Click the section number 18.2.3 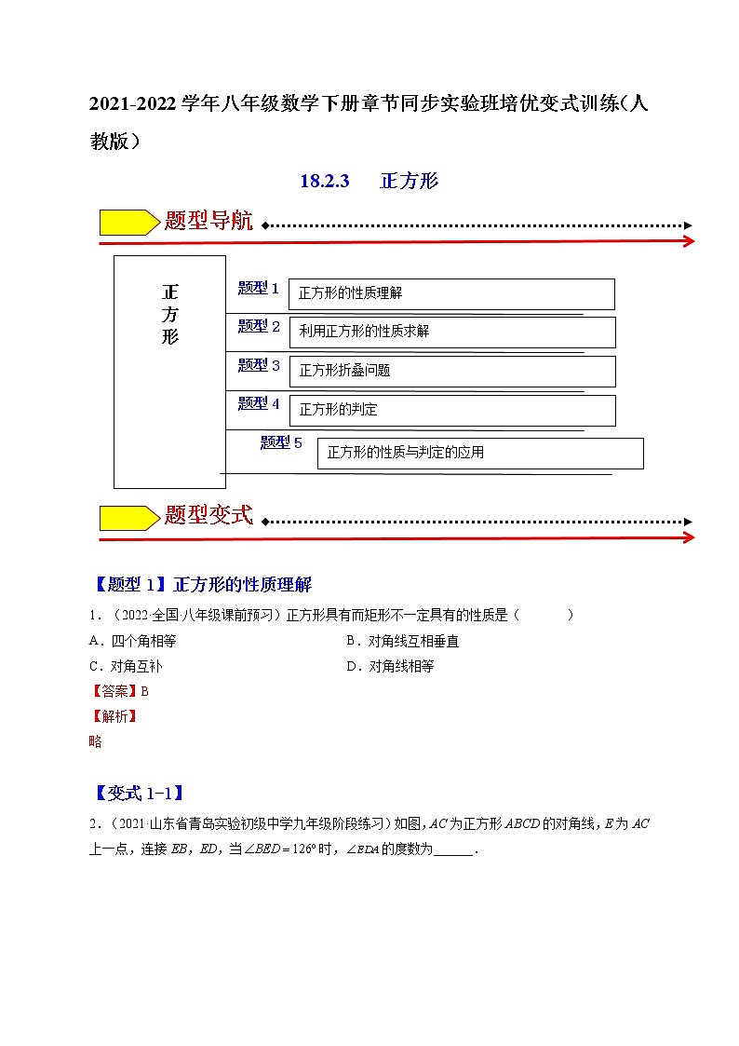pos(324,182)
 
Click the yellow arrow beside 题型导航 pos(128,223)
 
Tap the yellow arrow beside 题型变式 pos(128,518)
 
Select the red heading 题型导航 pos(208,222)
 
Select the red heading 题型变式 pos(208,515)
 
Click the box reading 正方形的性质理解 pos(451,293)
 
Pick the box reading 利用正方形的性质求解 pos(451,332)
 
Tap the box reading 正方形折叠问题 pos(451,371)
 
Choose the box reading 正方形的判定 pos(451,410)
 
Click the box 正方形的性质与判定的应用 pos(480,453)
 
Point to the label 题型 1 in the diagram pos(259,288)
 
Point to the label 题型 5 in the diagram pos(281,443)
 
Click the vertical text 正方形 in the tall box pos(169,313)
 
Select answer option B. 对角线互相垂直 pos(402,641)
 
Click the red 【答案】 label pos(112,691)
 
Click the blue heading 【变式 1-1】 pos(139,794)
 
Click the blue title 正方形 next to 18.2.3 pos(410,182)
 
